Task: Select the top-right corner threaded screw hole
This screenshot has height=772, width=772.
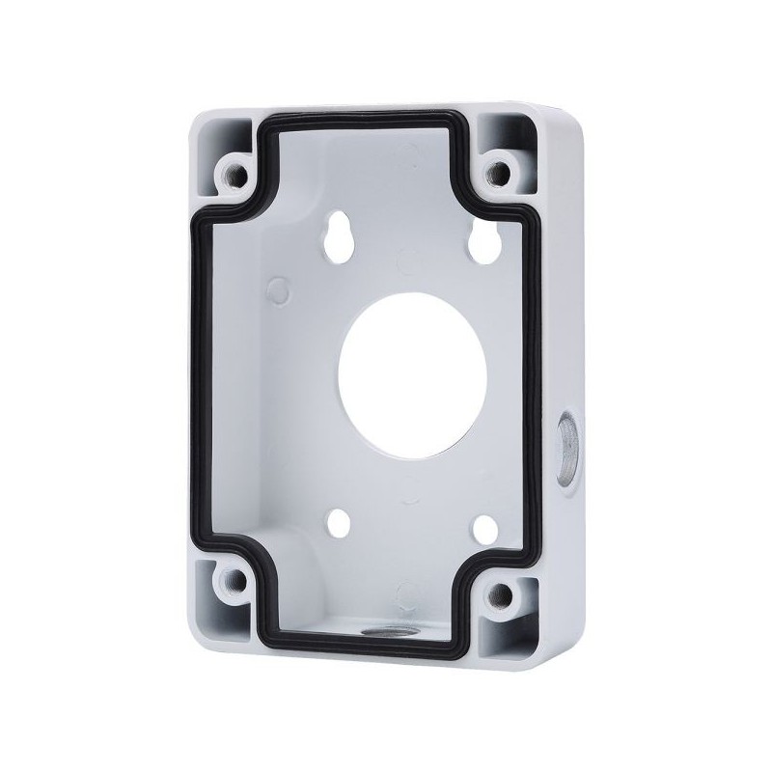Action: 498,172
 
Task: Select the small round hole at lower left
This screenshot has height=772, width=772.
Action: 341,522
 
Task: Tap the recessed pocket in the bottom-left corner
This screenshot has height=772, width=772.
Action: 218,598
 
